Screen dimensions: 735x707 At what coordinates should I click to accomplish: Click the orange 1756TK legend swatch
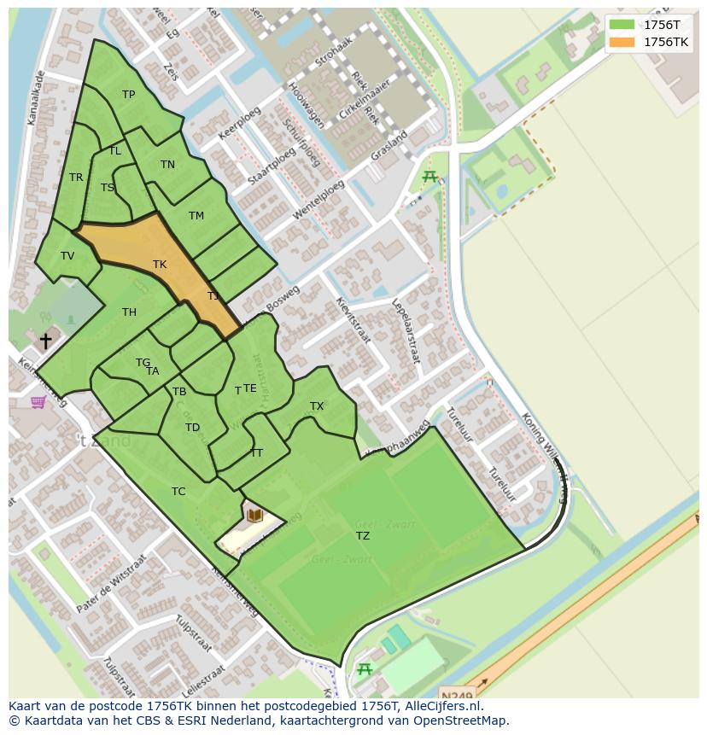[622, 42]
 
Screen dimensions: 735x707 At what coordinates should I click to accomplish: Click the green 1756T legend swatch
[622, 24]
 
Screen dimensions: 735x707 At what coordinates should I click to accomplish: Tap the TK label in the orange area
[160, 265]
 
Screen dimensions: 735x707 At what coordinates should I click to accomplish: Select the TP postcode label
[128, 95]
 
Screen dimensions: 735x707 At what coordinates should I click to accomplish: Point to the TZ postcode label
[363, 536]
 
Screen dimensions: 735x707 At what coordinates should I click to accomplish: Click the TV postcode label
[67, 256]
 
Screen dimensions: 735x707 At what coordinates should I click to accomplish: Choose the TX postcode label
[317, 406]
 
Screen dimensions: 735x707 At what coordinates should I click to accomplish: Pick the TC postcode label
[178, 492]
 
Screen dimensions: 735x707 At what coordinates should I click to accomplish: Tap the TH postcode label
[129, 312]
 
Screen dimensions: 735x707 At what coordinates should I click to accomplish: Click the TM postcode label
[196, 216]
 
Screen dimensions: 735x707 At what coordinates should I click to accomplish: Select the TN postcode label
[167, 165]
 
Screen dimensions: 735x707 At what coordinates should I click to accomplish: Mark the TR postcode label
[76, 178]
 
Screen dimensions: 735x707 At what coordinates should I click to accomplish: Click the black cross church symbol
[45, 341]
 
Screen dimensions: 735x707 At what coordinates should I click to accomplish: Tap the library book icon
[254, 515]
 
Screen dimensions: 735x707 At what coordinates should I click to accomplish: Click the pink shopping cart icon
[38, 402]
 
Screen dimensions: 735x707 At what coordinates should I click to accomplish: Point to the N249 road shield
[456, 692]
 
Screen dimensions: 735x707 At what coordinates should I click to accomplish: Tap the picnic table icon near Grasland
[429, 177]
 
